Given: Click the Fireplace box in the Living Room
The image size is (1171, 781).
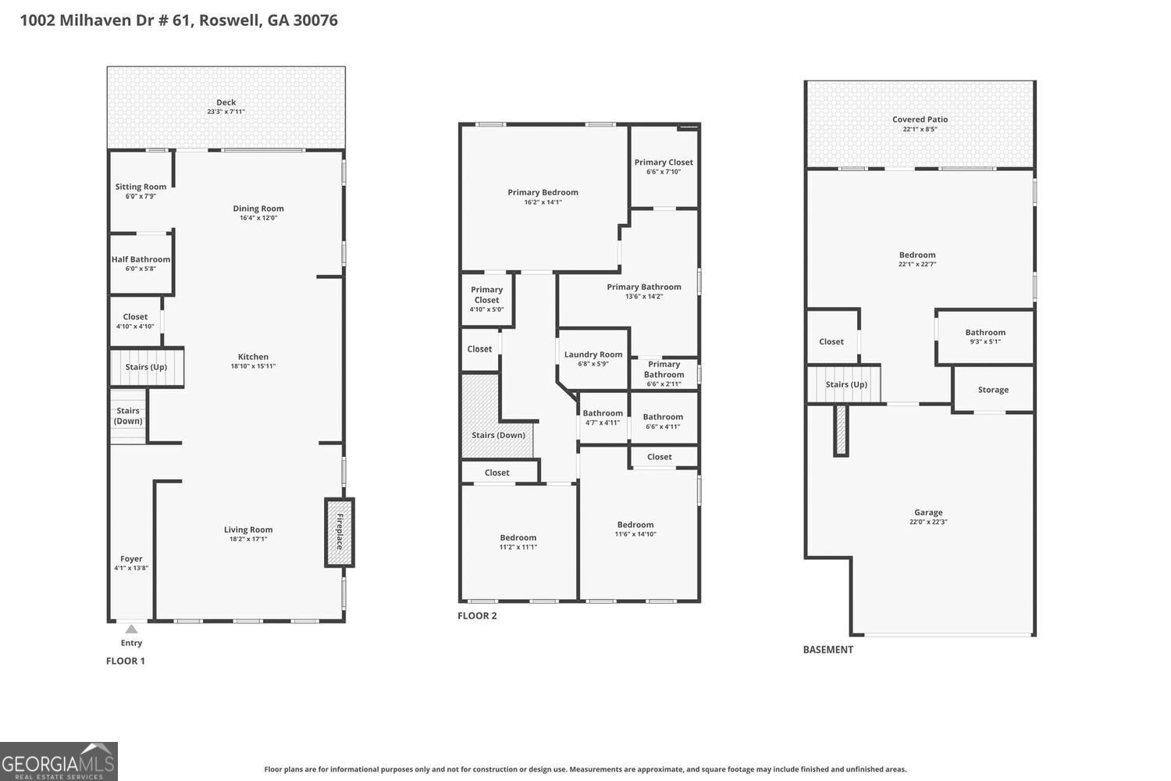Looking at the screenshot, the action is pyautogui.click(x=340, y=532).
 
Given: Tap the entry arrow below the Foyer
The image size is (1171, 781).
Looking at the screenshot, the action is pyautogui.click(x=131, y=629).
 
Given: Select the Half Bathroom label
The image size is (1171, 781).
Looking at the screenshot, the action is pyautogui.click(x=141, y=259).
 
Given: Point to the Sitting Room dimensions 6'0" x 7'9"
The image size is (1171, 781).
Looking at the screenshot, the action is pyautogui.click(x=141, y=196).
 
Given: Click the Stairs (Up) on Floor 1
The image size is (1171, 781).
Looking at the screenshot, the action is pyautogui.click(x=147, y=367).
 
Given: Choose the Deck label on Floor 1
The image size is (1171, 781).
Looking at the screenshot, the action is pyautogui.click(x=226, y=102).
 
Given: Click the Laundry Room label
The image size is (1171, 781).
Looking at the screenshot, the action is pyautogui.click(x=593, y=355).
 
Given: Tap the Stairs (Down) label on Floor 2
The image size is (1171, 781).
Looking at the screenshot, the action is pyautogui.click(x=498, y=435).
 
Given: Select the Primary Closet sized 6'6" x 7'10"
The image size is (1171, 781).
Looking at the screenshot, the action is pyautogui.click(x=664, y=166).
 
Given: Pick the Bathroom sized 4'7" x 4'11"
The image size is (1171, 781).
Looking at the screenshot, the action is pyautogui.click(x=603, y=417).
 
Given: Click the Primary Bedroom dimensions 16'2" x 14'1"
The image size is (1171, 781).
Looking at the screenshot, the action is pyautogui.click(x=543, y=202).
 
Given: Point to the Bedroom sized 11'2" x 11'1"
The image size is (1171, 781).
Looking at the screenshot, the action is pyautogui.click(x=518, y=542).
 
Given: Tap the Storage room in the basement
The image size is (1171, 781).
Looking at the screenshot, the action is pyautogui.click(x=993, y=389).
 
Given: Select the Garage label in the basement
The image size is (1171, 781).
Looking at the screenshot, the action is pyautogui.click(x=928, y=512).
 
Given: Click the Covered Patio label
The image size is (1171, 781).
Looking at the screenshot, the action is pyautogui.click(x=920, y=119).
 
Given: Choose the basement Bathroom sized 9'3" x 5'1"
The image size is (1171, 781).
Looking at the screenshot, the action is pyautogui.click(x=985, y=337).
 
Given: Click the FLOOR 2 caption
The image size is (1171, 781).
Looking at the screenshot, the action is pyautogui.click(x=477, y=615).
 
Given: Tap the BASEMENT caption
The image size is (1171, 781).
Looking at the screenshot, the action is pyautogui.click(x=828, y=650).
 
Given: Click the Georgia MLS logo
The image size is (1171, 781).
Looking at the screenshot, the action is pyautogui.click(x=59, y=761).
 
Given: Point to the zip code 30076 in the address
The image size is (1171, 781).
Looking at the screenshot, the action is pyautogui.click(x=315, y=20).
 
